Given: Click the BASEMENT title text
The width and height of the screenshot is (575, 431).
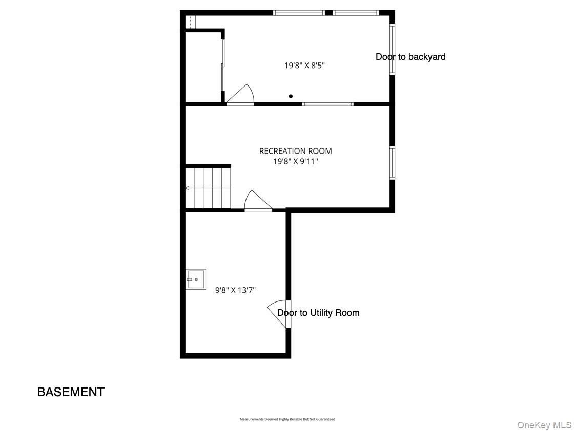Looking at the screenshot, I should click(x=71, y=392).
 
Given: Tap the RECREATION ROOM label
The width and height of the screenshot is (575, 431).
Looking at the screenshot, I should click(x=295, y=151).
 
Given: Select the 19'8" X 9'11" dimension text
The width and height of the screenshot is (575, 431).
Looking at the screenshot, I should click(x=295, y=161).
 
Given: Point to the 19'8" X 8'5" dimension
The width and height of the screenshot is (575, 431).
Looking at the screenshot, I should click(x=304, y=66).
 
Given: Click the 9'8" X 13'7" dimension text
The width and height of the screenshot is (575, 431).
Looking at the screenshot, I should click(x=235, y=290).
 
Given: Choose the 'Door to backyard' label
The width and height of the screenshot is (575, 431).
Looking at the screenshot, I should click(x=410, y=57).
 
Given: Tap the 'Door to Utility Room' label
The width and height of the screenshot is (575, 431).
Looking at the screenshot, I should click(x=318, y=313).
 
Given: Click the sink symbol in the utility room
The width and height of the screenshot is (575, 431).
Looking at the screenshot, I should click(x=195, y=279).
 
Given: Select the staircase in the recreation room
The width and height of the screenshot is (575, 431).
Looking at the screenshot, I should click(x=208, y=188).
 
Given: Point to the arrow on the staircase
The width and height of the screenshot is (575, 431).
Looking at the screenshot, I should click(x=188, y=188).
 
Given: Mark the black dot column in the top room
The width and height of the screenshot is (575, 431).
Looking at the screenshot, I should click(x=291, y=96).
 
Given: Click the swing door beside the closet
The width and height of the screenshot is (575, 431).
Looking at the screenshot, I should click(x=240, y=96).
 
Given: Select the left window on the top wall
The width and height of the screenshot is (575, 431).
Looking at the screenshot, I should click(x=299, y=13).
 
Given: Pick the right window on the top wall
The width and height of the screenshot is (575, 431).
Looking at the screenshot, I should click(x=356, y=13).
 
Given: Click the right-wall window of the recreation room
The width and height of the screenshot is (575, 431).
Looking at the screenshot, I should click(x=392, y=163).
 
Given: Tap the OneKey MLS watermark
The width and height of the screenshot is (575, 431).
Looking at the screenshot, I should click(x=544, y=425).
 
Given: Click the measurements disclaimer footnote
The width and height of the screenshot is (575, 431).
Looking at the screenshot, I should click(x=287, y=419).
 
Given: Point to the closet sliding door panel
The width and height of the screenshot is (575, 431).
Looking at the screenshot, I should click(x=223, y=64).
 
